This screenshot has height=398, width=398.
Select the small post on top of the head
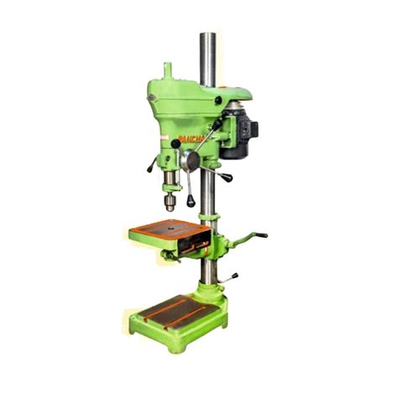(166, 68)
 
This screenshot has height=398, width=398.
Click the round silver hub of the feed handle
(191, 160)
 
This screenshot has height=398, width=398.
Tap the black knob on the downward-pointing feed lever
(191, 202)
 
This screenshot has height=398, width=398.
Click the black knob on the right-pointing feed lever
(227, 178)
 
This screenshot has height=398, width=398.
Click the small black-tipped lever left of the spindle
(151, 166)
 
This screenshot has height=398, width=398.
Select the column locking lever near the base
(231, 276)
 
